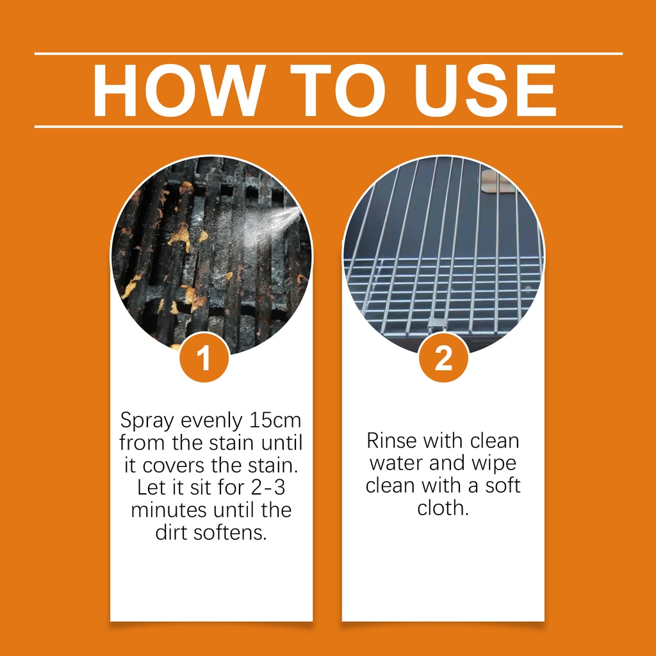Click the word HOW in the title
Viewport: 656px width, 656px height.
pyautogui.click(x=179, y=90)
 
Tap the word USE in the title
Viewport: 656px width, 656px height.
pyautogui.click(x=485, y=90)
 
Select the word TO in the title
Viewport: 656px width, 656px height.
pyautogui.click(x=338, y=90)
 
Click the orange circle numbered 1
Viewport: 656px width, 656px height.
pyautogui.click(x=204, y=357)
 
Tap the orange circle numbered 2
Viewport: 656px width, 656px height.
pyautogui.click(x=443, y=357)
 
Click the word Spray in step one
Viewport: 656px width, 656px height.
pyautogui.click(x=147, y=421)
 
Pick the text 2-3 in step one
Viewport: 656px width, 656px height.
pyautogui.click(x=268, y=488)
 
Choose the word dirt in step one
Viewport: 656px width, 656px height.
pyautogui.click(x=172, y=532)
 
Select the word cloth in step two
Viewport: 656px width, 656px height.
pyautogui.click(x=443, y=508)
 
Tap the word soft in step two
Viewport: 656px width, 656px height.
pyautogui.click(x=503, y=486)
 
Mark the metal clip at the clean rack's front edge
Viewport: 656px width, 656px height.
pyautogui.click(x=436, y=323)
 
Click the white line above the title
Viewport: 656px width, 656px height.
pyautogui.click(x=329, y=54)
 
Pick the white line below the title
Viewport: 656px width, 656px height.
pyautogui.click(x=329, y=126)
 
